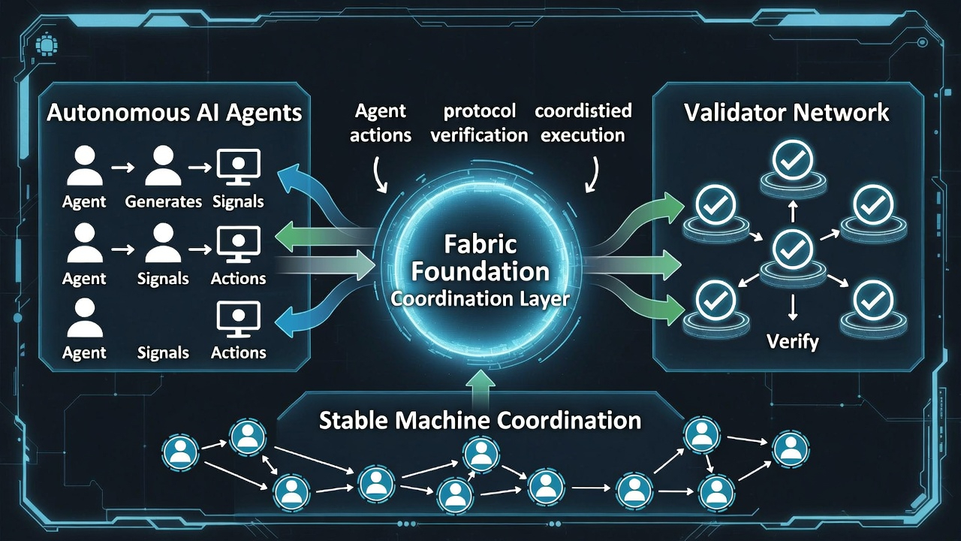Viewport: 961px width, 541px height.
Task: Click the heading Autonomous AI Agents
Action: (174, 113)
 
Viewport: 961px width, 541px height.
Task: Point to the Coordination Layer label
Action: (480, 298)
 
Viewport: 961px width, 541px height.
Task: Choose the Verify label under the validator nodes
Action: (792, 342)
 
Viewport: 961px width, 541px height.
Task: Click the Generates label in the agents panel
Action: (164, 201)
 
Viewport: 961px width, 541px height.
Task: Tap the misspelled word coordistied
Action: (583, 111)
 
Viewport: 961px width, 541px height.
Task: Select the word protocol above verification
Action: (480, 111)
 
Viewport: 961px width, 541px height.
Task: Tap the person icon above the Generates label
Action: (163, 168)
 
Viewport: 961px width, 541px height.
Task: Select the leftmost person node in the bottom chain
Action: (180, 452)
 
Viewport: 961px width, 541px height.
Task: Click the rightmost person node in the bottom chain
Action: (789, 449)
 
